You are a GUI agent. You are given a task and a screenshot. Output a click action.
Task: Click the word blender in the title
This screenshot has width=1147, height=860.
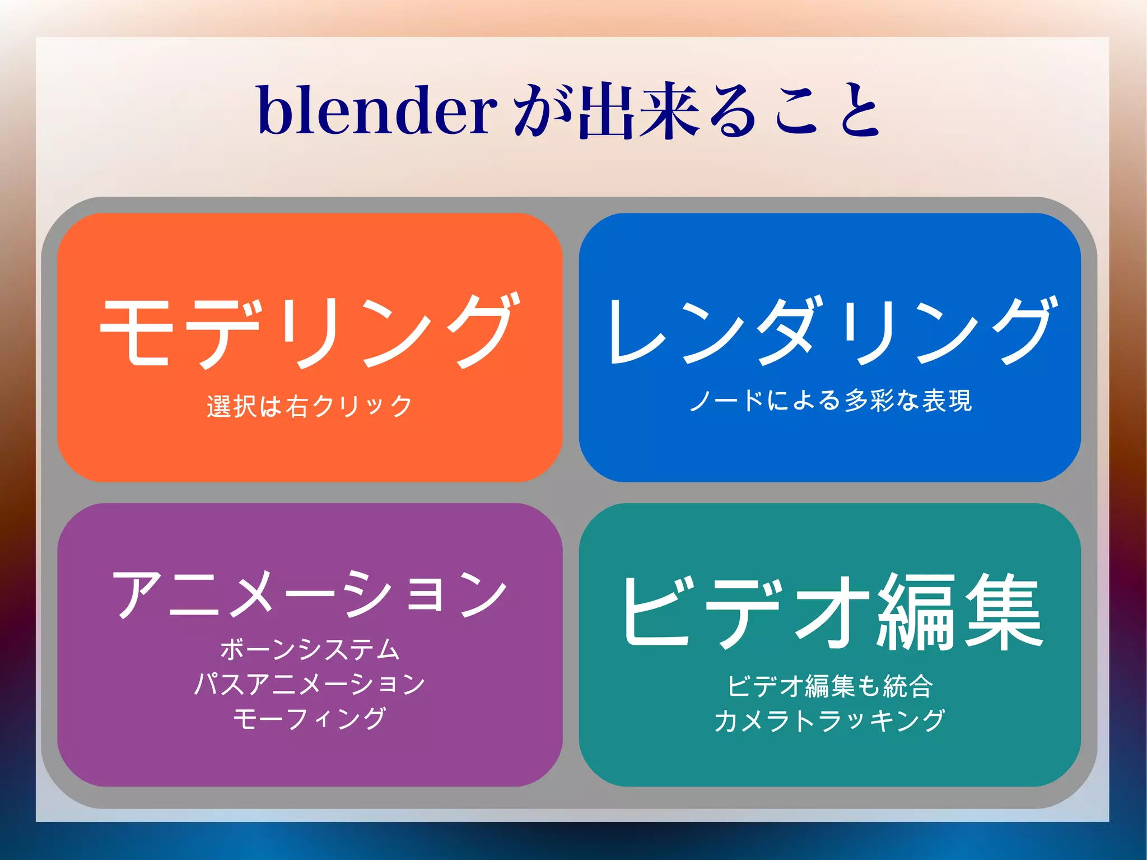(x=377, y=110)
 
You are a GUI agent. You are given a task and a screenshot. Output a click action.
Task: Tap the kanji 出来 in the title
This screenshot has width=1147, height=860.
(x=638, y=110)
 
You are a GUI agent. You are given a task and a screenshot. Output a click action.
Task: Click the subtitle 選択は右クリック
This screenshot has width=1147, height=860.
(x=310, y=406)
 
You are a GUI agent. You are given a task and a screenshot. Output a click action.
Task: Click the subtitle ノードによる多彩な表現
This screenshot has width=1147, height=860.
(x=831, y=401)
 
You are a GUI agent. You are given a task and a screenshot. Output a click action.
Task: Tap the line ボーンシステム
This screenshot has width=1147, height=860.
(x=310, y=650)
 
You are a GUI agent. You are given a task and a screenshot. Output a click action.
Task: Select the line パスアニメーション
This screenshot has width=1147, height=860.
(x=310, y=684)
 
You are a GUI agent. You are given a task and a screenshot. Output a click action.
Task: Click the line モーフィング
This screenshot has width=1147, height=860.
(x=310, y=719)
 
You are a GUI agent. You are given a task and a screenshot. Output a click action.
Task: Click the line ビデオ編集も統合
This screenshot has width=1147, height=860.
(x=830, y=686)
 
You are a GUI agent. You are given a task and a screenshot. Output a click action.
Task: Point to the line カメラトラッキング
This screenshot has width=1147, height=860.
(x=830, y=720)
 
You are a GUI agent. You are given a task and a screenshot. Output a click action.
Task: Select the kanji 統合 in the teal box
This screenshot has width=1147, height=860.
(x=908, y=686)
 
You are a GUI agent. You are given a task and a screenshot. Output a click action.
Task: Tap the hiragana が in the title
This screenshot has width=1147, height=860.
(x=540, y=110)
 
